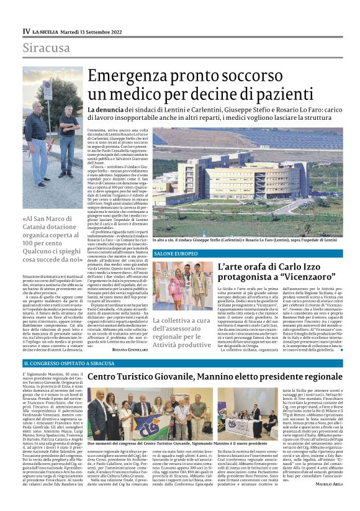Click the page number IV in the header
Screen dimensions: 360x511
pyautogui.click(x=25, y=31)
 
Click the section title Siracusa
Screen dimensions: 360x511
pyautogui.click(x=46, y=48)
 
